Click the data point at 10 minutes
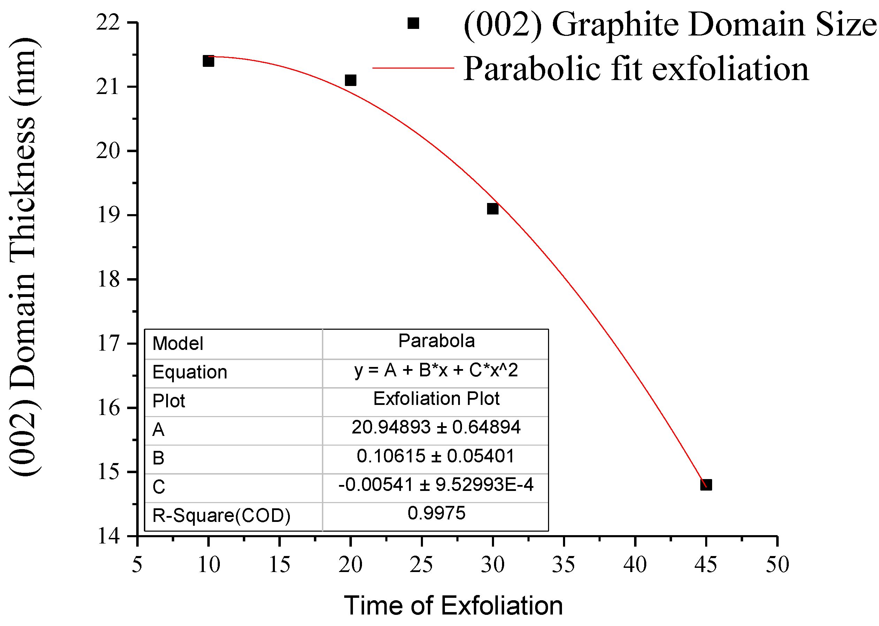click(x=208, y=61)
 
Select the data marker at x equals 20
click(x=350, y=80)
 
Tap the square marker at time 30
click(x=493, y=209)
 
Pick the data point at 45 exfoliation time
click(x=706, y=485)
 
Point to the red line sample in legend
click(x=413, y=68)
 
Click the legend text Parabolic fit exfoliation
click(x=635, y=69)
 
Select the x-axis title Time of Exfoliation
click(x=453, y=605)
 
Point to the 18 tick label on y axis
click(x=108, y=279)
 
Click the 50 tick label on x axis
click(x=777, y=565)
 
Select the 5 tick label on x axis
click(x=137, y=565)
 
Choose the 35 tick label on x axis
click(x=563, y=565)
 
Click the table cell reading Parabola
click(x=436, y=341)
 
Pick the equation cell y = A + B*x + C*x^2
click(x=436, y=370)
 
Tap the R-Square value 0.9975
click(x=436, y=513)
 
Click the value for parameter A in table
click(x=436, y=427)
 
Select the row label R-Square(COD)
click(x=221, y=516)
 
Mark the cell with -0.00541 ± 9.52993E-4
click(x=436, y=485)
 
